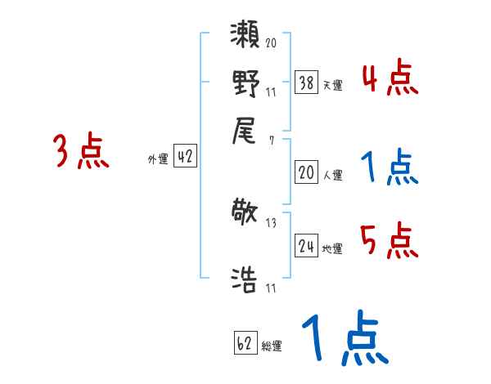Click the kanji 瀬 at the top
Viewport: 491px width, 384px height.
tap(245, 37)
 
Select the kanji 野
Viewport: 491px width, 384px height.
tap(245, 83)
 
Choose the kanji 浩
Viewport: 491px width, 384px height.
tap(245, 279)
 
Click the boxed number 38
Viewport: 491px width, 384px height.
tap(306, 83)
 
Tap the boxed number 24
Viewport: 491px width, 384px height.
tap(306, 246)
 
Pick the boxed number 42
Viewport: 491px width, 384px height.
tap(185, 158)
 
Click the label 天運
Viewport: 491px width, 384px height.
tap(333, 85)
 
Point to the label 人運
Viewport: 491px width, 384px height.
tap(333, 174)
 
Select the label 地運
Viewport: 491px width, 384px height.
tap(333, 248)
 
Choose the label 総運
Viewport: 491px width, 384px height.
tap(273, 346)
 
